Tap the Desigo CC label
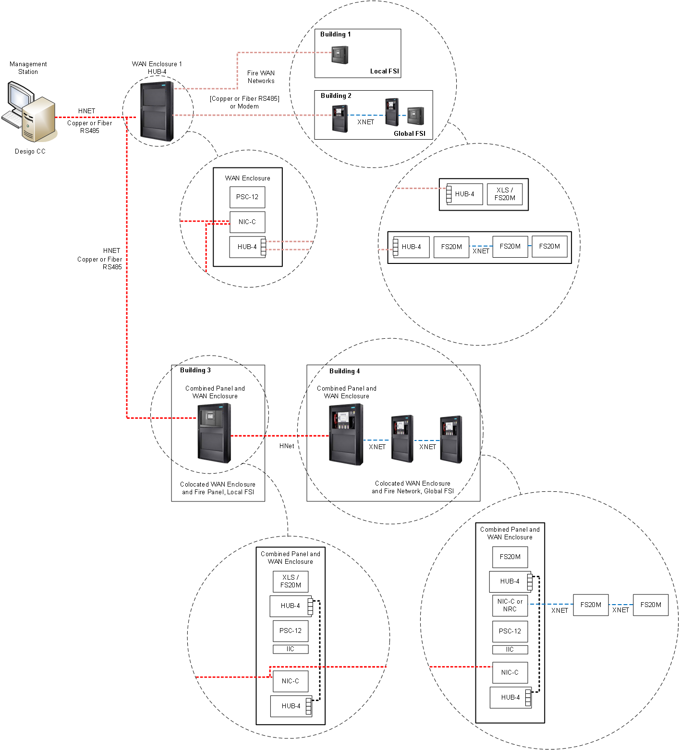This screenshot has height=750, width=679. point(30,151)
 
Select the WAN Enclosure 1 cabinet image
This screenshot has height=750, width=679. point(157,111)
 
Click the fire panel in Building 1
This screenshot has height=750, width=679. point(339,55)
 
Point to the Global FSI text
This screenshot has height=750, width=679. point(409,133)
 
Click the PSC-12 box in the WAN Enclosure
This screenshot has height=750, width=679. point(247,197)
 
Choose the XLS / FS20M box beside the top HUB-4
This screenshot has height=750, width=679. point(505,194)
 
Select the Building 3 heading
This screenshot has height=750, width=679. point(195,370)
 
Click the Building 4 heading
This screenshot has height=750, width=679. point(344,371)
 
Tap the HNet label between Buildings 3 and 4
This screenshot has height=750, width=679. point(287,446)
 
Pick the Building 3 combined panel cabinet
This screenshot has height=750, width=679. point(214,433)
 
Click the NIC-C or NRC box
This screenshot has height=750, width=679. point(510,605)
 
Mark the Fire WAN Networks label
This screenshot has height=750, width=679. point(261,77)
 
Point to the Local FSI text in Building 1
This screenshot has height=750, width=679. point(384,71)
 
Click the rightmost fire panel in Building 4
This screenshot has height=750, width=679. point(451,440)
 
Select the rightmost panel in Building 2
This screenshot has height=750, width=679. point(415,116)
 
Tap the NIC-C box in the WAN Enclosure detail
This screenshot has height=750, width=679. point(247,222)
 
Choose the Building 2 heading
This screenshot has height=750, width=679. point(336,95)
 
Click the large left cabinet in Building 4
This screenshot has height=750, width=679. point(346,434)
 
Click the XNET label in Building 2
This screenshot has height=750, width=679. point(365,122)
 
